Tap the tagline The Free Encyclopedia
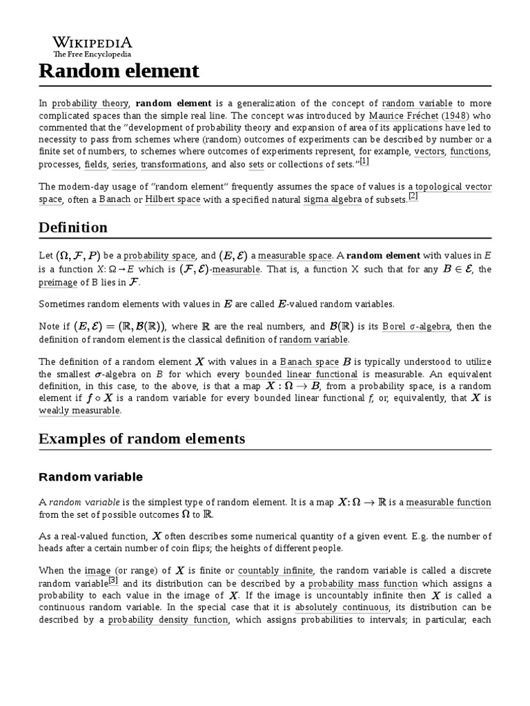click(92, 54)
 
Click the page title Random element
click(119, 70)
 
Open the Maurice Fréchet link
click(404, 116)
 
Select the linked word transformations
click(173, 165)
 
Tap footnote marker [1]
click(364, 161)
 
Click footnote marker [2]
click(413, 196)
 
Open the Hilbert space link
click(173, 199)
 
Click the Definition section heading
click(73, 228)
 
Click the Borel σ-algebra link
click(417, 327)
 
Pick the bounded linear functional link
click(292, 374)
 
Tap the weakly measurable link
click(79, 411)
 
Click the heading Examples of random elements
click(141, 439)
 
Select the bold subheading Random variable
click(90, 477)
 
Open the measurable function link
click(449, 503)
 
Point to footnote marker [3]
click(112, 581)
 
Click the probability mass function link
click(362, 583)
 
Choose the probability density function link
click(168, 621)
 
